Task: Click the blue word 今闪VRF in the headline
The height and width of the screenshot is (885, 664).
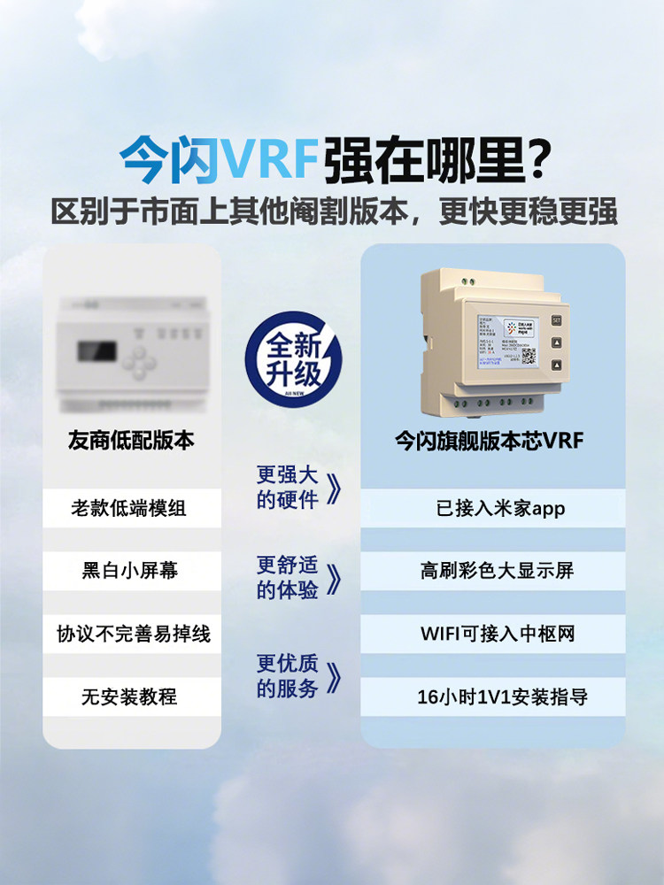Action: point(219,159)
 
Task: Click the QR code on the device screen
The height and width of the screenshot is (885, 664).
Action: point(529,356)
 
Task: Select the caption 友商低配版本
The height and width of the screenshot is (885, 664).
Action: point(131,440)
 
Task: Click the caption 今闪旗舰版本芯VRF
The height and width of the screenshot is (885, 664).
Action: point(489,440)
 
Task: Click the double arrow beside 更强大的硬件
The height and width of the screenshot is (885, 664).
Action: point(334,489)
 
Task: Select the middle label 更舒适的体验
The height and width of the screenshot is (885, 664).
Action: point(287,578)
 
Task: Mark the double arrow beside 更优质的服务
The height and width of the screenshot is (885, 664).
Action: point(334,679)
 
